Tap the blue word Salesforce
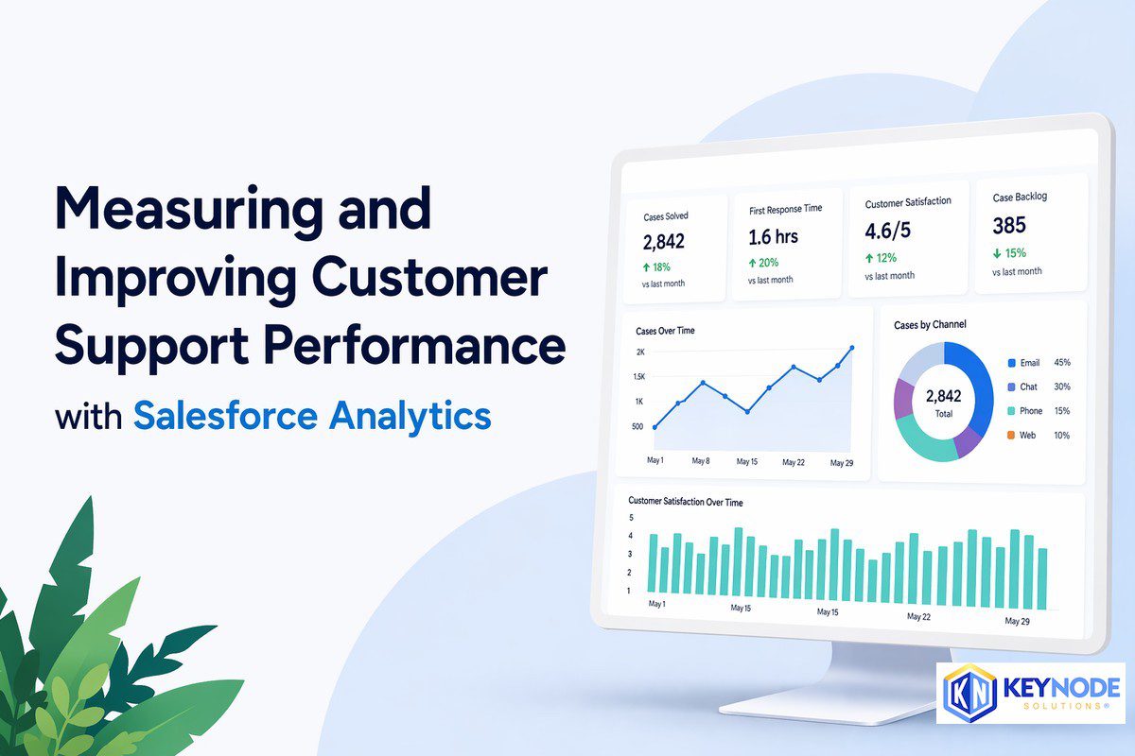click(225, 415)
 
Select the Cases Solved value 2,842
click(663, 242)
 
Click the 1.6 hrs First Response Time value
click(773, 237)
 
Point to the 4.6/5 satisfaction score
click(887, 231)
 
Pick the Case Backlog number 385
click(1009, 225)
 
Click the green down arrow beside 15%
click(997, 253)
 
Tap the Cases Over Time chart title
click(665, 331)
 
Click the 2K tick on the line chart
click(640, 352)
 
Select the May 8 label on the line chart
click(701, 461)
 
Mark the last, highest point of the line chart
click(852, 348)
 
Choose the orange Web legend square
click(1011, 435)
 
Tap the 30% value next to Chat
click(1062, 387)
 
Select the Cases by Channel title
click(930, 324)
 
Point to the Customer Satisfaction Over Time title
click(685, 501)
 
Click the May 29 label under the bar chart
click(1017, 621)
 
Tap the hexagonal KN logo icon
click(969, 692)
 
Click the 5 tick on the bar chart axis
click(631, 518)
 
